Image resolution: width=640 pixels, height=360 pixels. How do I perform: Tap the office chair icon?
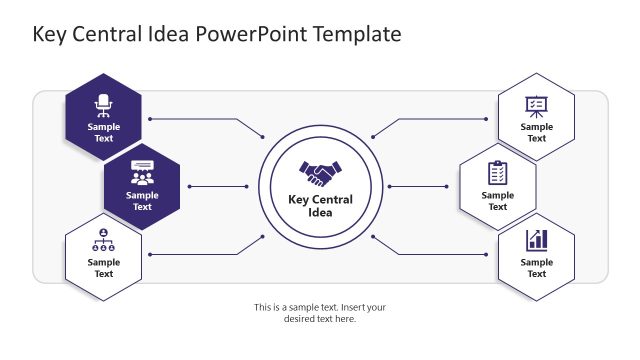[103, 103]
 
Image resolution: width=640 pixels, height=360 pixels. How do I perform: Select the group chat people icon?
[142, 172]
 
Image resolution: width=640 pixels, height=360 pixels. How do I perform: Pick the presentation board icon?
[536, 104]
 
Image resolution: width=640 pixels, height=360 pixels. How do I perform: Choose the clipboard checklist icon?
[497, 172]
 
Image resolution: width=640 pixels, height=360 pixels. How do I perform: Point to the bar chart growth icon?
[536, 240]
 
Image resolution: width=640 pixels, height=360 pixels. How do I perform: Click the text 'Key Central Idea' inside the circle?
[321, 205]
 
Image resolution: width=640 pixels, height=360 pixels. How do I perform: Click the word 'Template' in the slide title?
[357, 34]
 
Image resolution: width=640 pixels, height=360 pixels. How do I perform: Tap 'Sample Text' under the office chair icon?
[103, 133]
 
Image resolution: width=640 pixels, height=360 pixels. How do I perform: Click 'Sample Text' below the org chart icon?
[103, 268]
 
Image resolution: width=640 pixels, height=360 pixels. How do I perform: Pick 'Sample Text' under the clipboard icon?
[497, 201]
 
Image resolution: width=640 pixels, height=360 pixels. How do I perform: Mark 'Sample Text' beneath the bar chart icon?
[536, 268]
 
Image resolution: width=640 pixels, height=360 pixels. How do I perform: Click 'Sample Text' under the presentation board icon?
[536, 133]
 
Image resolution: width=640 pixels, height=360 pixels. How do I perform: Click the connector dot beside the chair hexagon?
[150, 119]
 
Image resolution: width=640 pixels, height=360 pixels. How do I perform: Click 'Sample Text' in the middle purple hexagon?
[142, 201]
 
